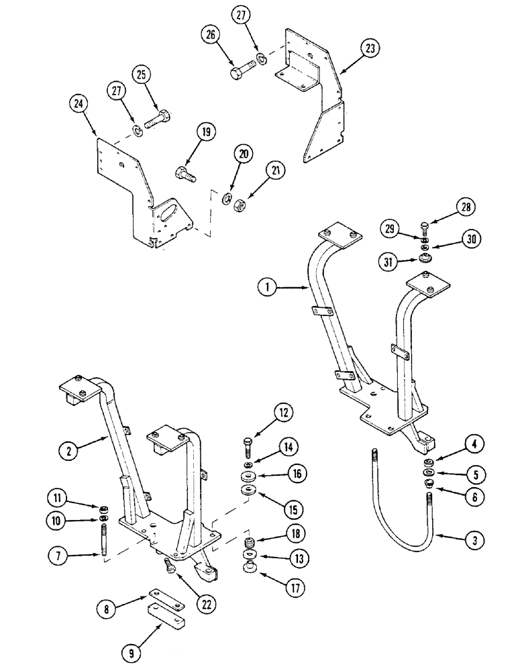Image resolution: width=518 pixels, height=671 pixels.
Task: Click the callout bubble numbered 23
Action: [x=370, y=48]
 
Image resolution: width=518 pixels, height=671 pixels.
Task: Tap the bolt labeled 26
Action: [x=240, y=70]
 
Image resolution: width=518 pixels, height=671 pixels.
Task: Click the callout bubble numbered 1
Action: [x=268, y=288]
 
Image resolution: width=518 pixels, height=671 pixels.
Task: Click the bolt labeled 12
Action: [x=248, y=446]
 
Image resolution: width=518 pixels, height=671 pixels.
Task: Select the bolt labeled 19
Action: [x=187, y=174]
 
